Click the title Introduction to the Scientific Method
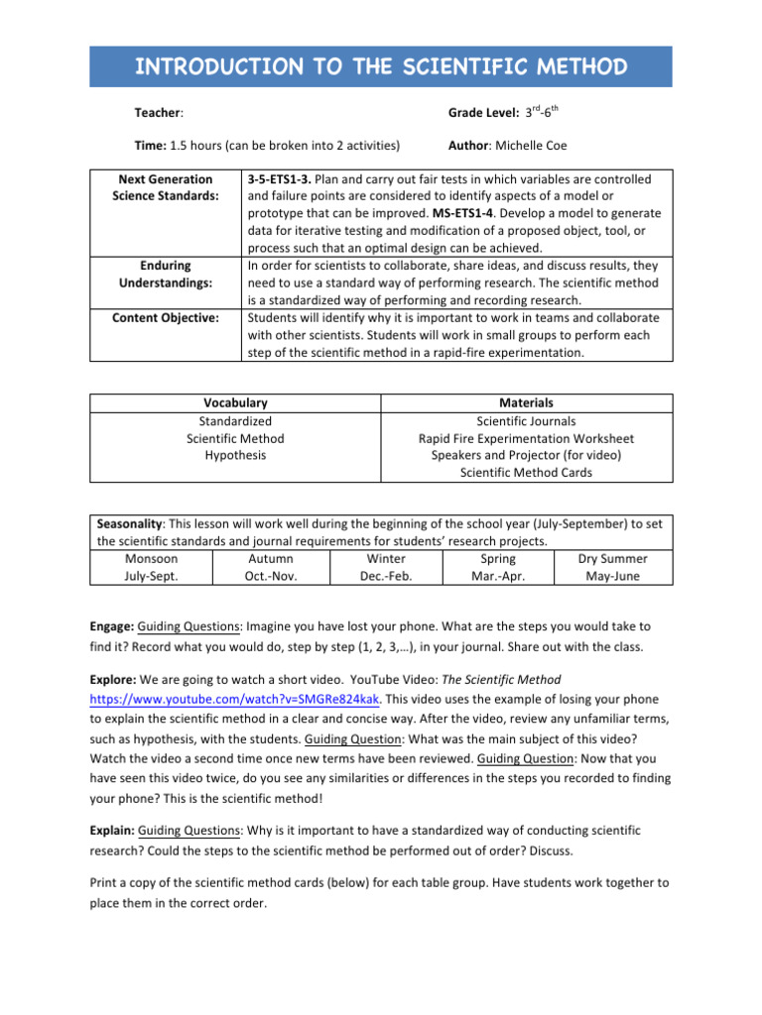pyautogui.click(x=381, y=67)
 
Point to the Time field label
pyautogui.click(x=150, y=146)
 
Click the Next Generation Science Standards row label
pyautogui.click(x=165, y=187)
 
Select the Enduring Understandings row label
pyautogui.click(x=165, y=274)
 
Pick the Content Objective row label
pyautogui.click(x=165, y=317)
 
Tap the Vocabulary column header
pyautogui.click(x=235, y=403)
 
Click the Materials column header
pyautogui.click(x=526, y=403)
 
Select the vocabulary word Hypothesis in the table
pyautogui.click(x=235, y=455)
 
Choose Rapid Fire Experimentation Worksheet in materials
pyautogui.click(x=526, y=438)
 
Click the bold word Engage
pyautogui.click(x=110, y=627)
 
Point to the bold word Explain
pyautogui.click(x=111, y=830)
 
